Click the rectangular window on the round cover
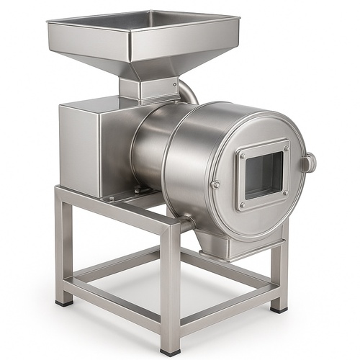coord(264,175)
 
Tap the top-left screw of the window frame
coord(242,156)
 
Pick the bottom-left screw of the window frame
coord(243,205)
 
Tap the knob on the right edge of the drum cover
coord(309,163)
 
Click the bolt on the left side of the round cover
coord(215,184)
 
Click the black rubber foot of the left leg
coord(65,302)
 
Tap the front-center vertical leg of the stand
coord(171,288)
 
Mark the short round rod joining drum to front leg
coord(186,225)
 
